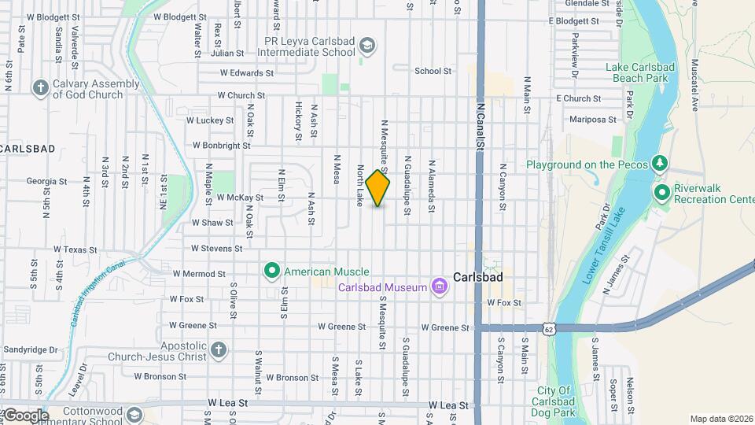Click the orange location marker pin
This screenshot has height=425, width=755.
[378, 188]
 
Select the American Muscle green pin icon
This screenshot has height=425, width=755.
[272, 272]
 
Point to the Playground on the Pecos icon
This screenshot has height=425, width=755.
[661, 164]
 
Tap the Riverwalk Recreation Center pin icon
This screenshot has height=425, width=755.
[661, 192]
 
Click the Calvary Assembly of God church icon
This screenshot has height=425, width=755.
[41, 87]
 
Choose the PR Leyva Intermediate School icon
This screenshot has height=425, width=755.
[366, 45]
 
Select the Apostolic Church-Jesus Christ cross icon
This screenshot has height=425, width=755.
[219, 349]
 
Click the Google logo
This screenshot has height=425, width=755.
[25, 415]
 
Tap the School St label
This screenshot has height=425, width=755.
[433, 71]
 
